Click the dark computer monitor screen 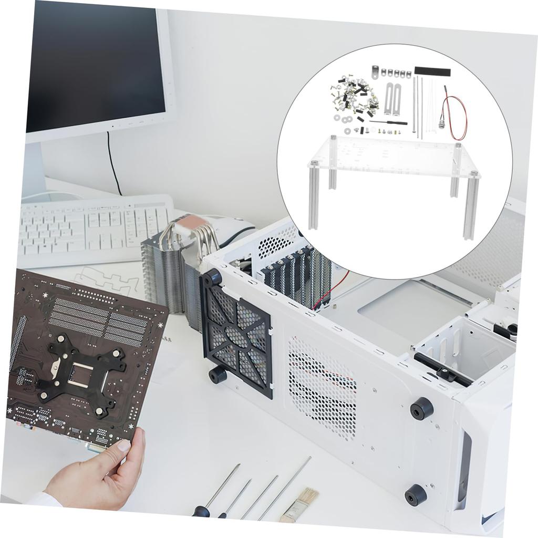(95, 63)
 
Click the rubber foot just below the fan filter (217, 375)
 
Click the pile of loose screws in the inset (355, 97)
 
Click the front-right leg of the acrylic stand (471, 208)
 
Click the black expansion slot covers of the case (294, 276)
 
